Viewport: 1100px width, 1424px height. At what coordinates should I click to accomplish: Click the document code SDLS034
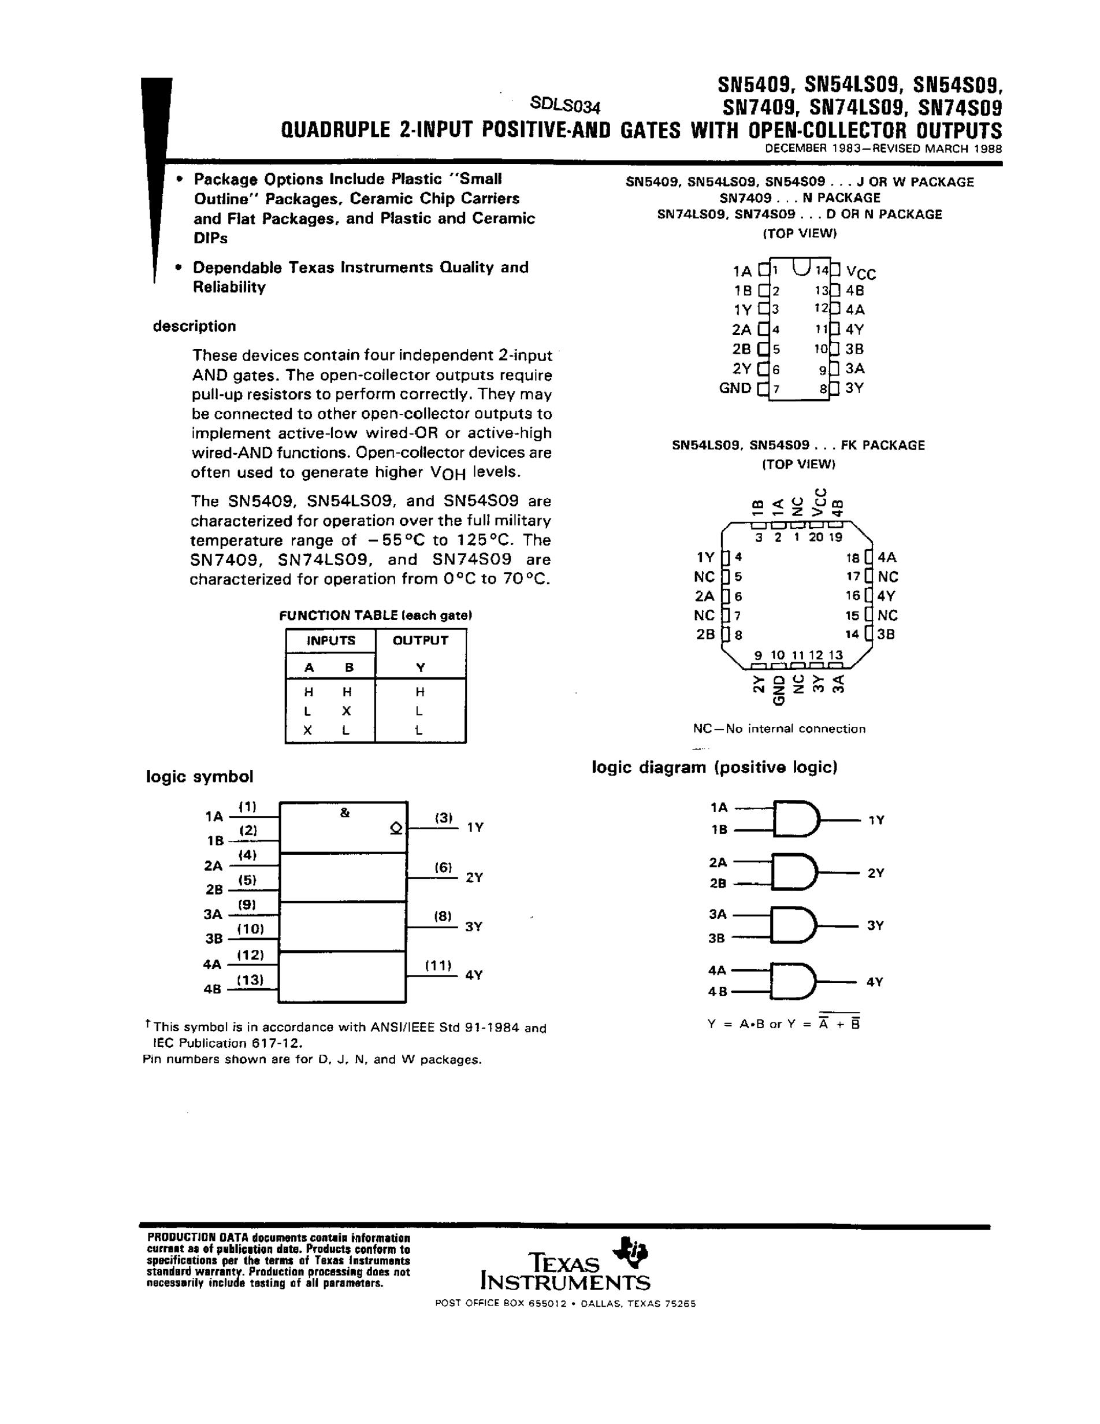click(565, 105)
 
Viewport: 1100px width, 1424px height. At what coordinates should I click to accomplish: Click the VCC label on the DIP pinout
click(861, 273)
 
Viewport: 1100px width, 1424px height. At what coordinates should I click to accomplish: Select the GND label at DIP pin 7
click(735, 388)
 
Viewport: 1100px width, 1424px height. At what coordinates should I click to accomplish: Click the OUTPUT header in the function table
click(421, 640)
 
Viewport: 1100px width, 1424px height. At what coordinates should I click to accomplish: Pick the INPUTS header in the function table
click(331, 640)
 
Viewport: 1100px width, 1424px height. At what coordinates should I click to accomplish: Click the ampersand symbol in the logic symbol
click(345, 813)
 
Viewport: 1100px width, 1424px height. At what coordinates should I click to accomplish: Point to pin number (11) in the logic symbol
click(438, 965)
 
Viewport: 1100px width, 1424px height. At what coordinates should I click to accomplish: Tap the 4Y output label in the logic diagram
click(875, 981)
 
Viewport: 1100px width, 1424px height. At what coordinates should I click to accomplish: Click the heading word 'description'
click(194, 326)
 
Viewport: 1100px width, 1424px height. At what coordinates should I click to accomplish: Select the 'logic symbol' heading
click(199, 777)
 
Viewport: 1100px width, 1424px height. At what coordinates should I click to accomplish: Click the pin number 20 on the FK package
click(816, 537)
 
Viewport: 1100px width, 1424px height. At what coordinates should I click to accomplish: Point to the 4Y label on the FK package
click(886, 595)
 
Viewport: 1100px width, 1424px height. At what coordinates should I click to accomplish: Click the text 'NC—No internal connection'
click(779, 728)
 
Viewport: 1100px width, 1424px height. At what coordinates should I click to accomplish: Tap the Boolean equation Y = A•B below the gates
click(784, 1023)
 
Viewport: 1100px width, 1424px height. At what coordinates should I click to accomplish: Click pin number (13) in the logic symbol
click(250, 980)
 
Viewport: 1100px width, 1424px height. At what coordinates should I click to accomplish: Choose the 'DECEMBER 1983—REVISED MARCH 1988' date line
click(883, 148)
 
